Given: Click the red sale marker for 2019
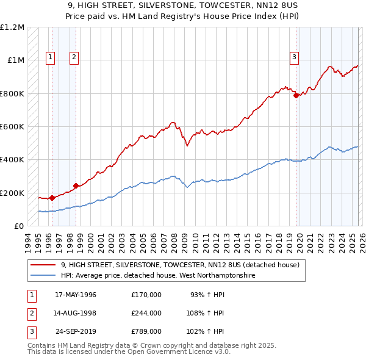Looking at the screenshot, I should click(296, 95).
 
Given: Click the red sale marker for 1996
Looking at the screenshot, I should click(52, 198).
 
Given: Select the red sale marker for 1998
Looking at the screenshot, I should click(76, 185).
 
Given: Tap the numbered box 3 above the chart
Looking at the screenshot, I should click(294, 57).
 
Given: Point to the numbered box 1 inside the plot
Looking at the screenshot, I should click(50, 57).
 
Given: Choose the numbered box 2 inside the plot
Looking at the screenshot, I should click(74, 57).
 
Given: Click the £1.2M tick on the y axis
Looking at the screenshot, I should click(12, 27).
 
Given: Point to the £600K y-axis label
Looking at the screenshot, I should click(12, 127).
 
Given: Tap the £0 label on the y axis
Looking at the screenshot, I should click(18, 226).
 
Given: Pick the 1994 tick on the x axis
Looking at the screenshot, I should click(29, 242).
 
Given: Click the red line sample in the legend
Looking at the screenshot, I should click(43, 265).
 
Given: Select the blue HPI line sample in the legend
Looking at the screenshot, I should click(43, 276).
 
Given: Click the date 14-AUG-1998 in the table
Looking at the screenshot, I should click(76, 313).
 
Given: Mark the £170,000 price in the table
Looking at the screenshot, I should click(146, 294).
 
